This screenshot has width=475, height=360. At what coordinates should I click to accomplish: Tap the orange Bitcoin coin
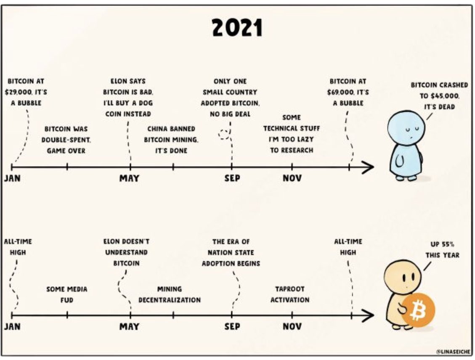pos(418,310)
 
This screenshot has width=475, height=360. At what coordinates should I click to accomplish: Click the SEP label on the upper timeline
pos(232,178)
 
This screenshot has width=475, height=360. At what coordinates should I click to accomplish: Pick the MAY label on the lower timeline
pos(129,326)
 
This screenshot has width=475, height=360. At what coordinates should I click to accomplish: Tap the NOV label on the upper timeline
pos(292,178)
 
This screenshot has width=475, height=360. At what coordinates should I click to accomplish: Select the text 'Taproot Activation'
pos(289,294)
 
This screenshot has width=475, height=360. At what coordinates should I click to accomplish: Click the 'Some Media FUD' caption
pos(67,294)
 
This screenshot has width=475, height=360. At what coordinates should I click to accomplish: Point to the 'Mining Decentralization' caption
pos(170,294)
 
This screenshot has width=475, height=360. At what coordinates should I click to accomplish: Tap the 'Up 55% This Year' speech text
pos(442,249)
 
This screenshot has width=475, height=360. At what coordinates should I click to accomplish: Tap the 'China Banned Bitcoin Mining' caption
pos(171,139)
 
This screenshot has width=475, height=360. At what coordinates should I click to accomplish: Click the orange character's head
pos(403,276)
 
